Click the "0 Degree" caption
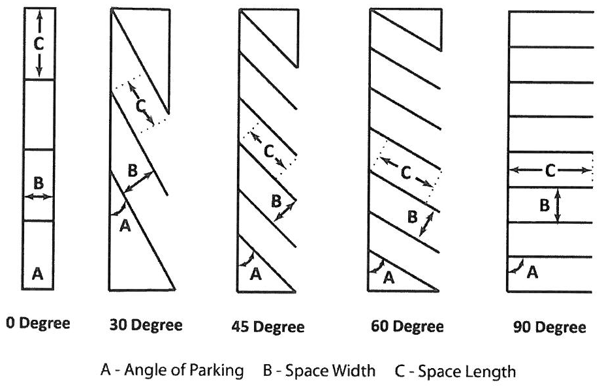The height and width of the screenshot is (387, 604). click(37, 323)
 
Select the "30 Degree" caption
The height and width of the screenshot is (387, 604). click(146, 324)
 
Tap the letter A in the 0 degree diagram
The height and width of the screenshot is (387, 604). click(38, 275)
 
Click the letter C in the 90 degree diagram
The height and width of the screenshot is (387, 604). click(550, 170)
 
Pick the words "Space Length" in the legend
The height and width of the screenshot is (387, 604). click(466, 371)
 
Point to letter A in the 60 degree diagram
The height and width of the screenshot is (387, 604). click(389, 277)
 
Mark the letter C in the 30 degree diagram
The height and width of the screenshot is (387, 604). click(140, 105)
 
